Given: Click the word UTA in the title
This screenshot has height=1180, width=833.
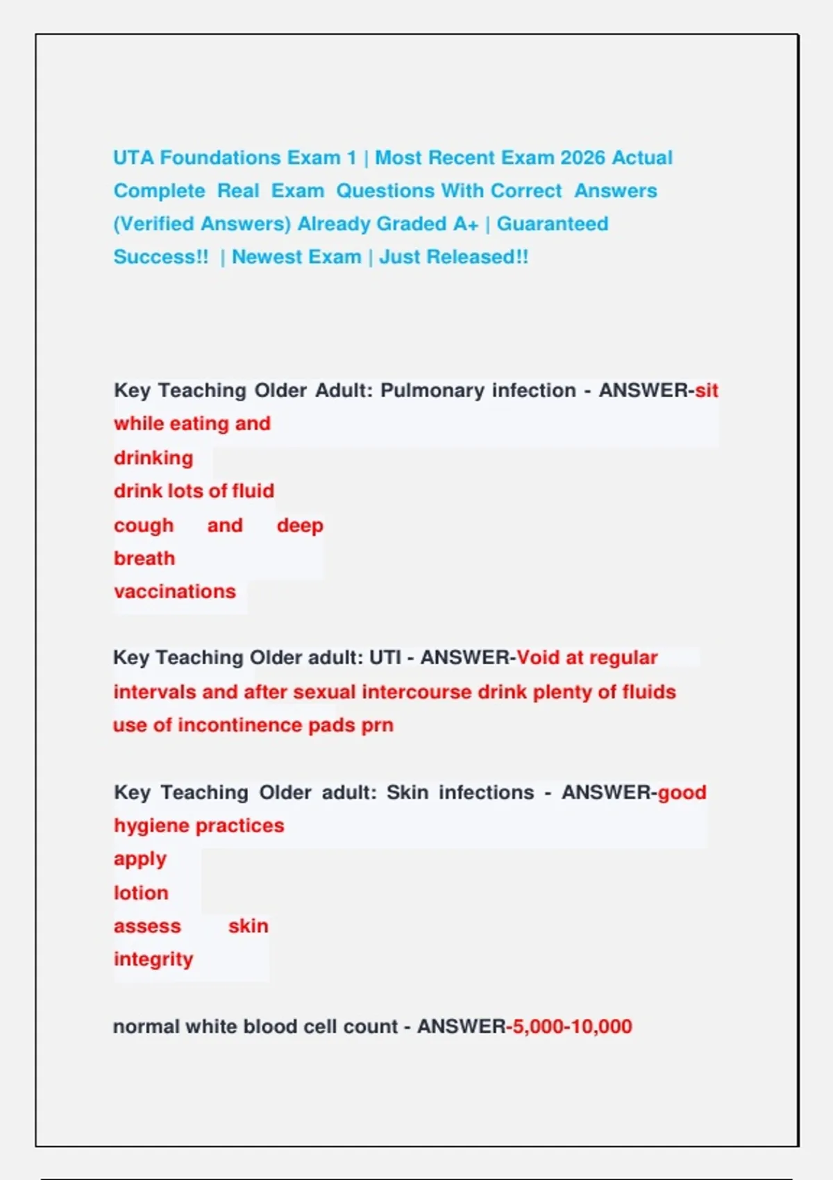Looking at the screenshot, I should point(133,158).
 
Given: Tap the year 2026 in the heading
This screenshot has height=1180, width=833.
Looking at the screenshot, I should point(582,158).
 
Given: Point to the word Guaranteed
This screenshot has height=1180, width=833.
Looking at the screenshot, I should point(553,224).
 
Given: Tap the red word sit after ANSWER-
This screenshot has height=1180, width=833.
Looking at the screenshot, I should point(707,391).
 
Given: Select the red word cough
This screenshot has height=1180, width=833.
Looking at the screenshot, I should point(144,525).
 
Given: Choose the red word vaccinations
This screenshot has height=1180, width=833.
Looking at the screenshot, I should point(175,591).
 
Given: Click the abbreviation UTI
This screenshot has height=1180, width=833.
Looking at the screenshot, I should point(385,657).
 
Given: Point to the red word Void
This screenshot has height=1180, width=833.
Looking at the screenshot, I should point(538,657).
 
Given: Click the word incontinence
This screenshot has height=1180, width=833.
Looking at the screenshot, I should point(239,725).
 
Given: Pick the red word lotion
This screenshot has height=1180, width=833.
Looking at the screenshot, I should point(141,893).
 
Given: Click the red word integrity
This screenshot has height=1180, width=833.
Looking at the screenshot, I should point(153,959).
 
